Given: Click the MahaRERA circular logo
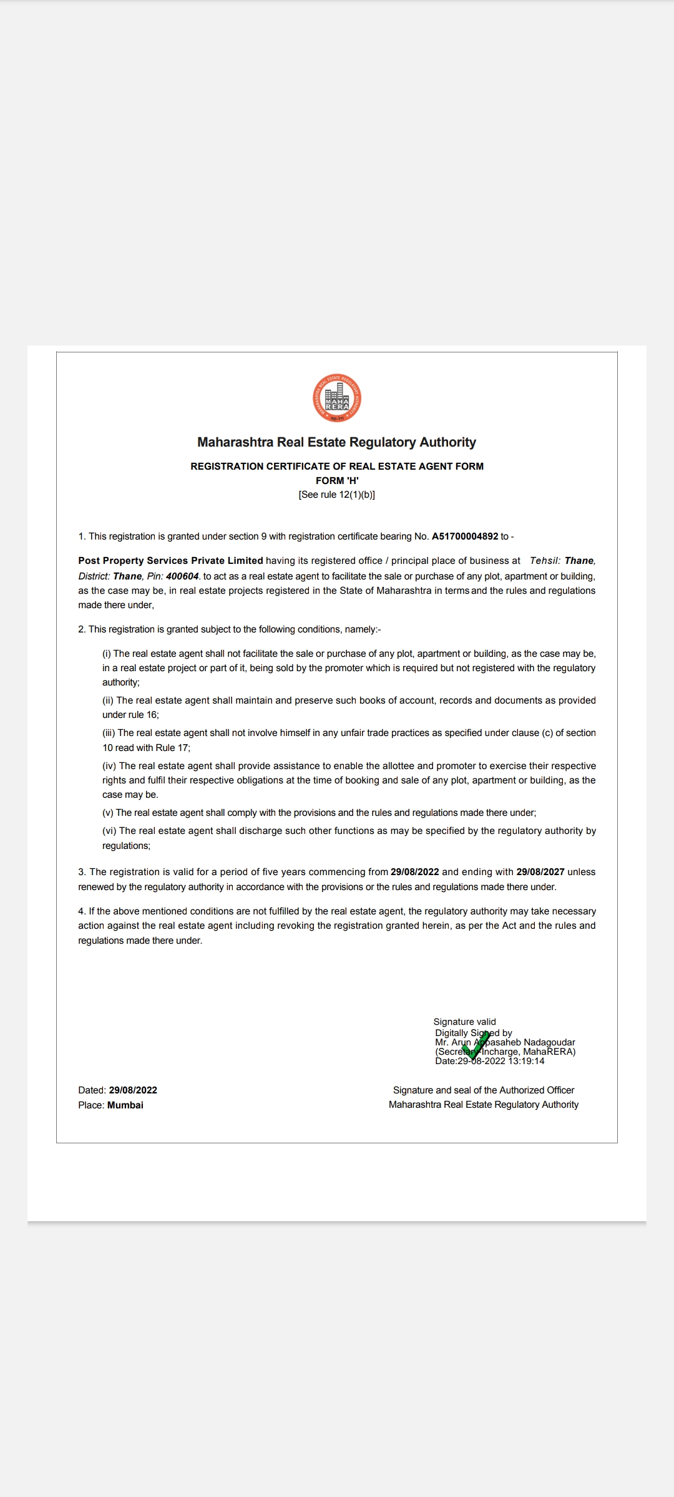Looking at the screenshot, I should click(x=337, y=398).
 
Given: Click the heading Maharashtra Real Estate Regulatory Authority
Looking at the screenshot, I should click(x=337, y=442).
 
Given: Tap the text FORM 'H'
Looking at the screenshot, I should click(x=337, y=480).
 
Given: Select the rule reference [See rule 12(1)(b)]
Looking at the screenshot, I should click(x=337, y=495).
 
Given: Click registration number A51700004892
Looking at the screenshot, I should click(x=465, y=536).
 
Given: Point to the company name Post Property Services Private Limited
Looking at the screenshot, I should click(x=170, y=561).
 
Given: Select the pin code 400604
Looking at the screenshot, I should click(x=182, y=576).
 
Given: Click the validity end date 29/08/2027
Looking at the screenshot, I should click(x=540, y=872).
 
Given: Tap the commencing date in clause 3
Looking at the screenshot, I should click(x=415, y=872).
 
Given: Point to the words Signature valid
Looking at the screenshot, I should click(x=465, y=1022).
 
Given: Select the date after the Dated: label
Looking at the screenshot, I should click(x=133, y=1090).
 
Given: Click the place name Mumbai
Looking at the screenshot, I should click(x=125, y=1105).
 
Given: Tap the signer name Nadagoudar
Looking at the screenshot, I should click(x=549, y=1042).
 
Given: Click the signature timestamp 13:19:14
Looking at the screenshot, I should click(x=526, y=1061).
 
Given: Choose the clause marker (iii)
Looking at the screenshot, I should click(x=109, y=733).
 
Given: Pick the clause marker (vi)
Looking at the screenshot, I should click(x=109, y=831).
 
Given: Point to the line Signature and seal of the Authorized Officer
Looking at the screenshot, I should click(x=484, y=1090).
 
